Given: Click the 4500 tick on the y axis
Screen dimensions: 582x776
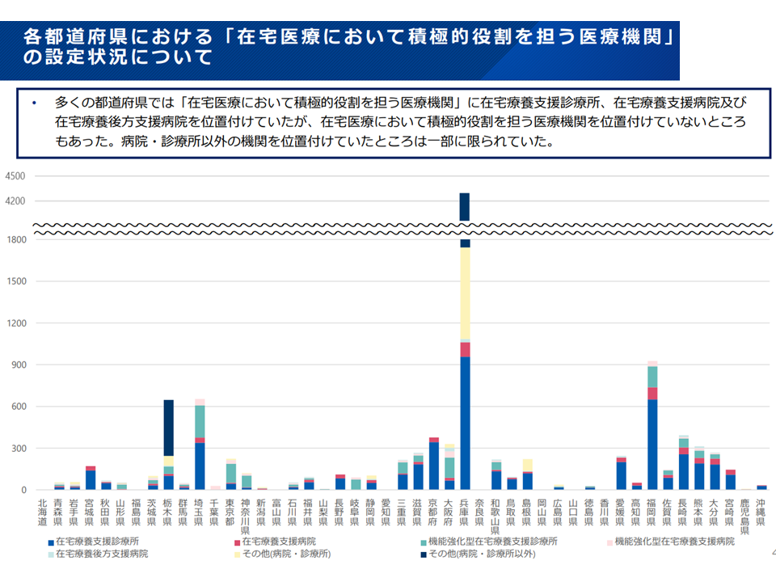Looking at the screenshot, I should (15, 176).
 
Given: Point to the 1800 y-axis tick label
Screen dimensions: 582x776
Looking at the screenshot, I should (15, 240).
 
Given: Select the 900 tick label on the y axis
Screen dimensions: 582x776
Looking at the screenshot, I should (18, 365).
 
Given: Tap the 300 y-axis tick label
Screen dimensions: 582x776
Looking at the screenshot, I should (18, 449).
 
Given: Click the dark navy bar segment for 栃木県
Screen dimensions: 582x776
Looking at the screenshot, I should (168, 428).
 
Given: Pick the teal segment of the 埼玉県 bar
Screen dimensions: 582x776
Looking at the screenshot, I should (200, 421).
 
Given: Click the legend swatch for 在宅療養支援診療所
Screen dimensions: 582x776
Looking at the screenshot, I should (50, 541).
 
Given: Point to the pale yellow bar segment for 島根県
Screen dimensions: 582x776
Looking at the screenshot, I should (528, 465).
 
